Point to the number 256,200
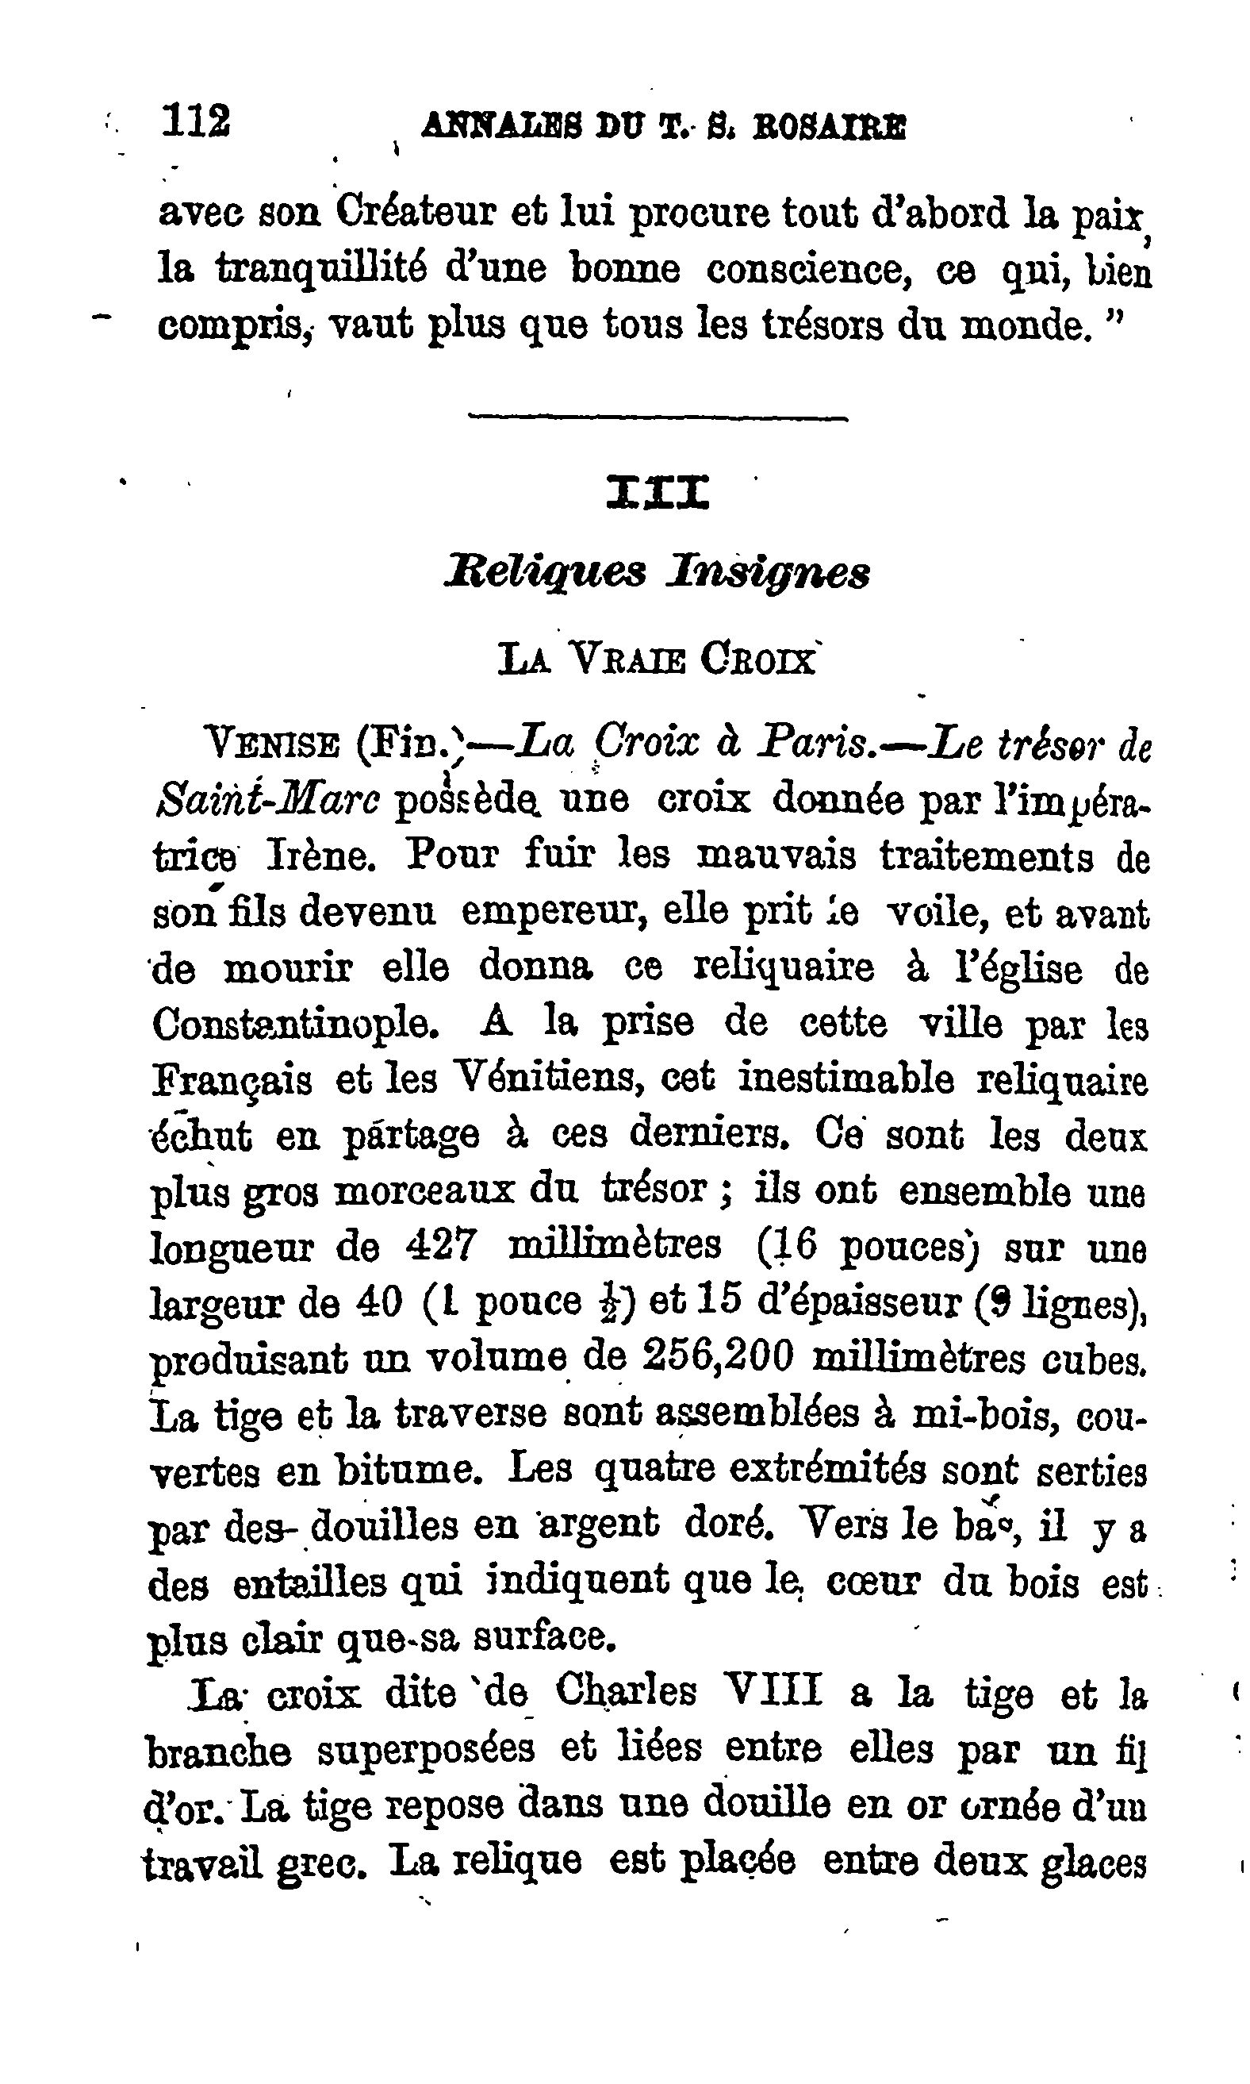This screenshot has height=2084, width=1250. pos(718,1357)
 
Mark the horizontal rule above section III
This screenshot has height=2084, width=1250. pos(658,417)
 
